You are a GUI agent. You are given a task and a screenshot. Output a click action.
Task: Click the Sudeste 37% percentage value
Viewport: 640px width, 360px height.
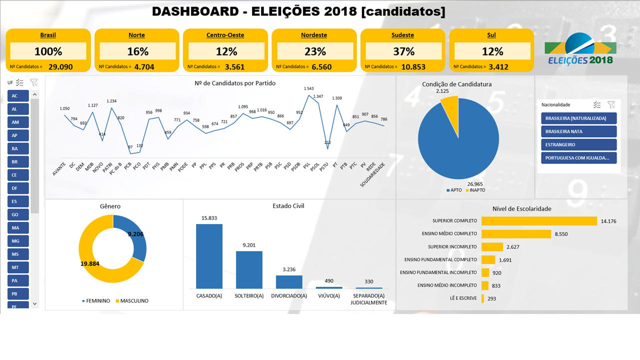tap(403, 51)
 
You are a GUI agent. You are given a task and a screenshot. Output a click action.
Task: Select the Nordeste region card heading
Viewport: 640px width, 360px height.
tap(314, 35)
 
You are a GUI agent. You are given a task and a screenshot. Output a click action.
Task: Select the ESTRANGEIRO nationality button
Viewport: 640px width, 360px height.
tap(578, 144)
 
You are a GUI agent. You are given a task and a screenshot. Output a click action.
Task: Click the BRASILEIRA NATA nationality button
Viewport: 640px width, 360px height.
tap(578, 131)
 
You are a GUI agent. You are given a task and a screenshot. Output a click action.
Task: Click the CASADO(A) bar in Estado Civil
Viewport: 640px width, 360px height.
tap(209, 256)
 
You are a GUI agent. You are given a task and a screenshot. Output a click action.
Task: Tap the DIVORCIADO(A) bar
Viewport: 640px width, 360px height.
tap(289, 281)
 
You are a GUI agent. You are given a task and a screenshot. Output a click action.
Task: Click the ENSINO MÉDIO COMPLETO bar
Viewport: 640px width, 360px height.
tap(516, 233)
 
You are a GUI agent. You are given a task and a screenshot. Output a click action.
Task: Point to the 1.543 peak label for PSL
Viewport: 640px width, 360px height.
tap(308, 88)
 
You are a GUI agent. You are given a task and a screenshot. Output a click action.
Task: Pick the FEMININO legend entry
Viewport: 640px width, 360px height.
tap(96, 301)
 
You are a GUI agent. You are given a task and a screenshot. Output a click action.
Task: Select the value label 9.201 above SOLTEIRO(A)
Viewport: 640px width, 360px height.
tap(249, 245)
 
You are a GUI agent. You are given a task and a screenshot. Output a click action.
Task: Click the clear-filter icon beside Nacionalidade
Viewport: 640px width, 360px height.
tap(611, 104)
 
